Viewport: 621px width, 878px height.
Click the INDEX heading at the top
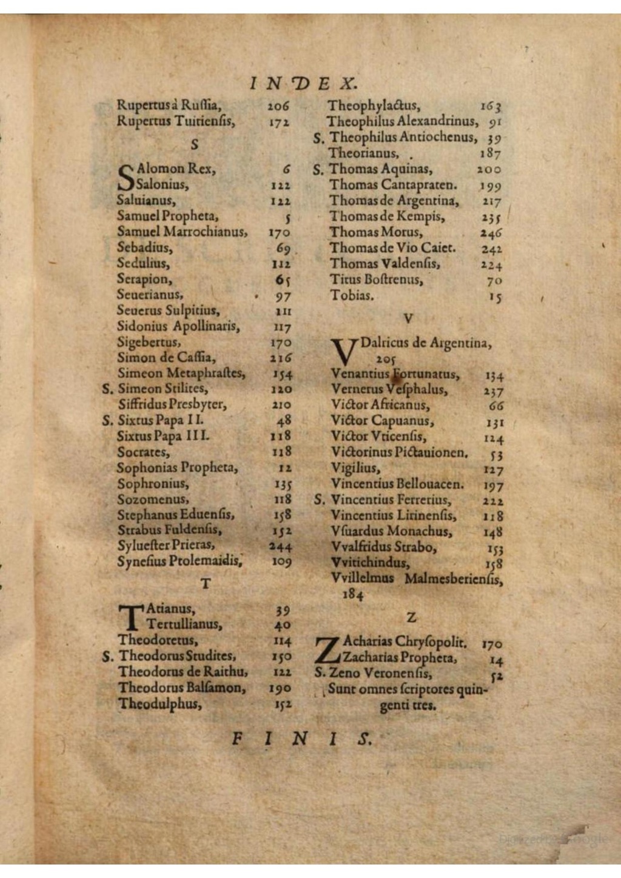pyautogui.click(x=304, y=83)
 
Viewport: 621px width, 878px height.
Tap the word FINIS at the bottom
pyautogui.click(x=301, y=739)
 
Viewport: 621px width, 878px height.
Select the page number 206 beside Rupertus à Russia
pyautogui.click(x=278, y=106)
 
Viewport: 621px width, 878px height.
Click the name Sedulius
pyautogui.click(x=144, y=264)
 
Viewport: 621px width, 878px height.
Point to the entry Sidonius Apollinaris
pyautogui.click(x=178, y=326)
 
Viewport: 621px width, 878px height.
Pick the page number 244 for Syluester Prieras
pyautogui.click(x=280, y=546)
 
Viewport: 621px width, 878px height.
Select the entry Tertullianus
pyautogui.click(x=184, y=625)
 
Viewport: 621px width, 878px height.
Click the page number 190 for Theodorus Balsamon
pyautogui.click(x=280, y=688)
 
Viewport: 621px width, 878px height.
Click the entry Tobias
pyautogui.click(x=352, y=296)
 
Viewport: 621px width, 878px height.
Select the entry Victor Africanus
pyautogui.click(x=380, y=405)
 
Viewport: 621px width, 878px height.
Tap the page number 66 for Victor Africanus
pyautogui.click(x=496, y=406)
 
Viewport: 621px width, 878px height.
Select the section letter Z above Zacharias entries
pyautogui.click(x=412, y=617)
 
